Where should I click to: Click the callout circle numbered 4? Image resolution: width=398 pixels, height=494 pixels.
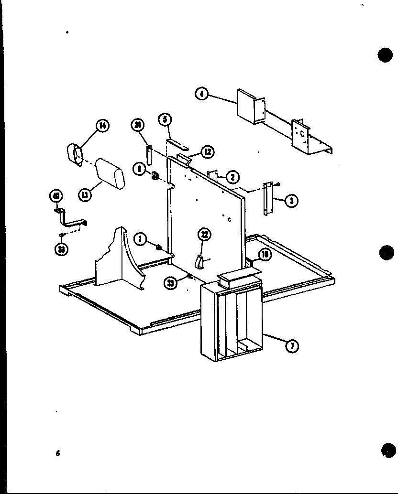tap(201, 94)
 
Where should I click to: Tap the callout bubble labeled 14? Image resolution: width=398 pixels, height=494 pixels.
tap(102, 126)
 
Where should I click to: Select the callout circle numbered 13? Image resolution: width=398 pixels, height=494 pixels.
tap(84, 194)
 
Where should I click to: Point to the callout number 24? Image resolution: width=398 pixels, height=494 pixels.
tap(137, 126)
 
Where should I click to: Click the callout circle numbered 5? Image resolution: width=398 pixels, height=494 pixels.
tap(165, 119)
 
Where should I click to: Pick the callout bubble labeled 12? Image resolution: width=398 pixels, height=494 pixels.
tap(207, 152)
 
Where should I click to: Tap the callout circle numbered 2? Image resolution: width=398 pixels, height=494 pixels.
tap(232, 177)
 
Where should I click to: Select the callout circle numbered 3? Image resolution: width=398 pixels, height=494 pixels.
tap(290, 201)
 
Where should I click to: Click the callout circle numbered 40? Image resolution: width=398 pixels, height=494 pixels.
tap(56, 196)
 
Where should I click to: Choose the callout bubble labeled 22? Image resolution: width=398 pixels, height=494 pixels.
tap(204, 234)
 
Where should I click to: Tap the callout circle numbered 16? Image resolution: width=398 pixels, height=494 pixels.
tap(264, 255)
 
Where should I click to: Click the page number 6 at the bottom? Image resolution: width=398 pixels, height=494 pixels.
tap(57, 454)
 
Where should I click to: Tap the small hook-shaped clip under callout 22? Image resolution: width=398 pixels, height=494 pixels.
tap(199, 261)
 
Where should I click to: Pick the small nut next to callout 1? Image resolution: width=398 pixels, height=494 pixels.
tap(159, 246)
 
